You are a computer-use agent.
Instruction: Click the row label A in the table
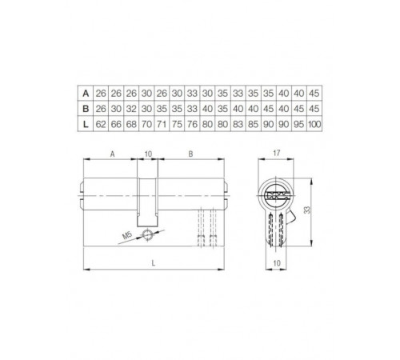tap(86, 94)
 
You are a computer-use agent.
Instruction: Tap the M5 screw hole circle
tap(150, 234)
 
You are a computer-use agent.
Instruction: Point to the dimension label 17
tap(276, 151)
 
